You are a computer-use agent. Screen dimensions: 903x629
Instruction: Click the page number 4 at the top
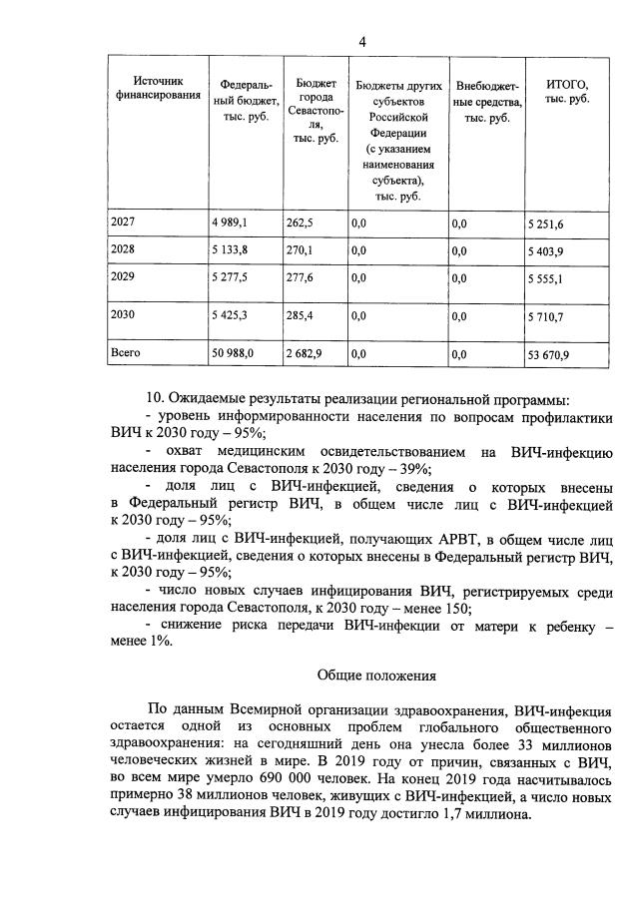pyautogui.click(x=363, y=41)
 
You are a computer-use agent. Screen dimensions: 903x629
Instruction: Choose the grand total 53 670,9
pyautogui.click(x=550, y=354)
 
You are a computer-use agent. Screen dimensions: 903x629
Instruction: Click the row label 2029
pyautogui.click(x=125, y=279)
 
